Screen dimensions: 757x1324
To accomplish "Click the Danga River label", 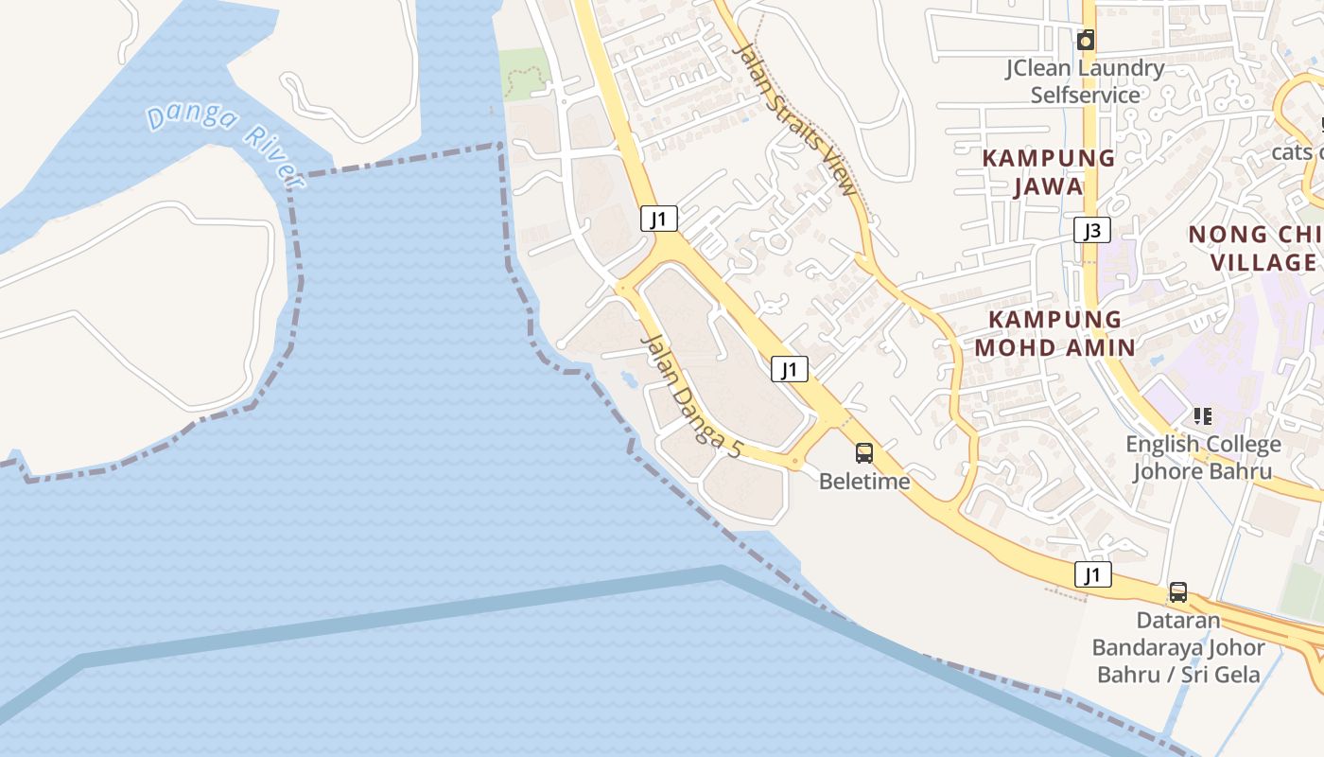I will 224,145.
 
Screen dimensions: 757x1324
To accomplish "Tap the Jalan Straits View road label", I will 794,119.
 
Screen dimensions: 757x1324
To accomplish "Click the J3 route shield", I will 1091,230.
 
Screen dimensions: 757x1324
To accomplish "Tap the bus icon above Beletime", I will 864,453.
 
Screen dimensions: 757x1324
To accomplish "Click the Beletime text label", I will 864,482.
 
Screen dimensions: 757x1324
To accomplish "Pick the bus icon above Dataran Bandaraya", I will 1177,592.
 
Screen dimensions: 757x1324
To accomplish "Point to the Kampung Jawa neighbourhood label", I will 1049,172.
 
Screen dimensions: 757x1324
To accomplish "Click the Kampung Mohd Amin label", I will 1054,333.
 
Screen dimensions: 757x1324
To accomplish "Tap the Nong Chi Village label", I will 1254,248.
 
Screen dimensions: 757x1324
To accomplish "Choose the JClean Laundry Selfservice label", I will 1085,81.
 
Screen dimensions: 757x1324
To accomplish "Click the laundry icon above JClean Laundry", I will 1086,40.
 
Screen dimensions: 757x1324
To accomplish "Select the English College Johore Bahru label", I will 1203,457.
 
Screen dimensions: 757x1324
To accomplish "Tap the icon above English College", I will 1203,415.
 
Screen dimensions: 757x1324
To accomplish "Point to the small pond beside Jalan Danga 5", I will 628,380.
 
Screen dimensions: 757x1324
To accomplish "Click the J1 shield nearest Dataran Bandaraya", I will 1092,574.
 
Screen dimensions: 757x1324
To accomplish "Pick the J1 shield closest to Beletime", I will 789,369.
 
